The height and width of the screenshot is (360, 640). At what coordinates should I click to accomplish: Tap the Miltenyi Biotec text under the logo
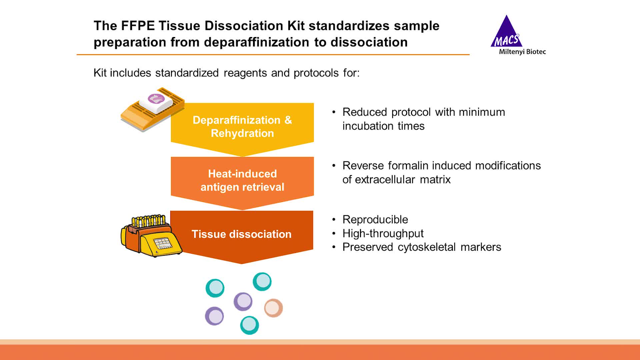click(522, 52)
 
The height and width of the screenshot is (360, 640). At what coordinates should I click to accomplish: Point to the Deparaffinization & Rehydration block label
click(242, 127)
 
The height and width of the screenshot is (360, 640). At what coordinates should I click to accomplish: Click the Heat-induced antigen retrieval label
click(242, 180)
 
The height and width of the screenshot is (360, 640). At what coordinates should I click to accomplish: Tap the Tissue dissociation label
click(241, 234)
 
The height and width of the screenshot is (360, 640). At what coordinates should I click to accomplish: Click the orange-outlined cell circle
click(273, 308)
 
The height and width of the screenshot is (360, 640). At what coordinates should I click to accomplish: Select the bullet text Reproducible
click(375, 220)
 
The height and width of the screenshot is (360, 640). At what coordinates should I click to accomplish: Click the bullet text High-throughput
click(383, 233)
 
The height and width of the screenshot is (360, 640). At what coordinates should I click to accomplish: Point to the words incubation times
click(383, 126)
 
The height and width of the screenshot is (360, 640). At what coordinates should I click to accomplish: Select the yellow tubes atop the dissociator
click(148, 221)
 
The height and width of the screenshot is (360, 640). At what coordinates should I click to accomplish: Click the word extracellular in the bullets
click(385, 179)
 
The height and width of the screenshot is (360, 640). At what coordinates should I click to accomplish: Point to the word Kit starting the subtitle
click(100, 73)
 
